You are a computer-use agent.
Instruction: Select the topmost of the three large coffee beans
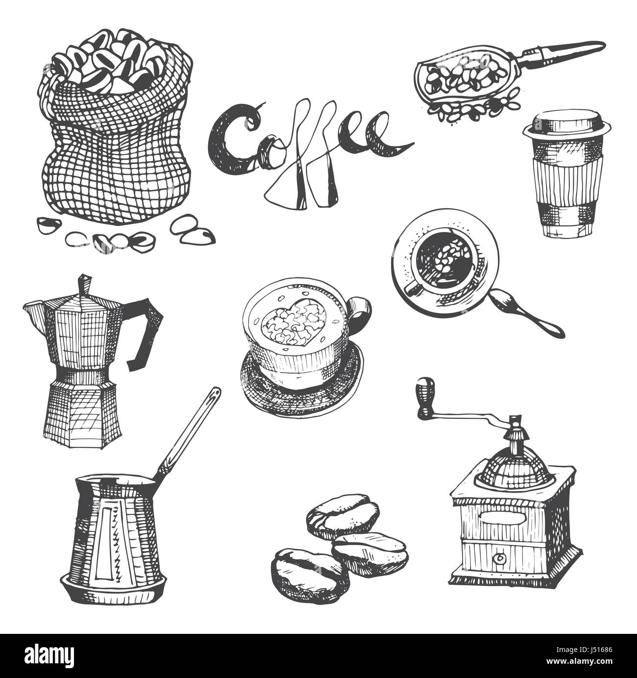(x=343, y=516)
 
